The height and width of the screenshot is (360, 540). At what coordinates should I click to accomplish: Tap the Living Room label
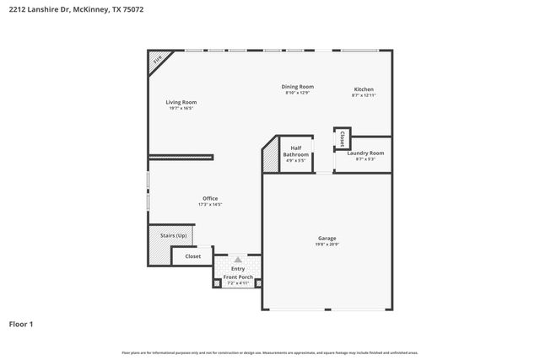pos(181,102)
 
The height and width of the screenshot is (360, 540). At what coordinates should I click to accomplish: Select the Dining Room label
pos(297,86)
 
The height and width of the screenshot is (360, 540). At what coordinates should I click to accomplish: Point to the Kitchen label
pos(364,89)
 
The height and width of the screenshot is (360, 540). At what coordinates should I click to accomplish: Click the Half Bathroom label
pos(295,151)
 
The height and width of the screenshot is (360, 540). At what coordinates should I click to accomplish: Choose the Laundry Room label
pos(365,153)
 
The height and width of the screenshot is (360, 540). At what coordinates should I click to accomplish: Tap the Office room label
pos(210,198)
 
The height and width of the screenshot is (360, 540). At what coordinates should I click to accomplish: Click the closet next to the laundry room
pos(342,138)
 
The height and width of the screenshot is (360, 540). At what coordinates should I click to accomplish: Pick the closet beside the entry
pos(192,255)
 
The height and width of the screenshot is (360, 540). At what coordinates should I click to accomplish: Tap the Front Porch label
pos(238,277)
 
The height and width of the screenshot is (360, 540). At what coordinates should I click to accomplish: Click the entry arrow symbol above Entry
pos(238,261)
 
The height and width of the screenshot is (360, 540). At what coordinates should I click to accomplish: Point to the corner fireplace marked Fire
pos(158,61)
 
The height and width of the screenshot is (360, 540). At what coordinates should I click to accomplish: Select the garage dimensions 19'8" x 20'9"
pos(327,244)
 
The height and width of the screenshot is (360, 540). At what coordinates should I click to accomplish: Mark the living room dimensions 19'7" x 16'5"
pos(181,109)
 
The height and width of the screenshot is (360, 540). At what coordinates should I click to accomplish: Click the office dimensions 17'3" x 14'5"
pos(210,205)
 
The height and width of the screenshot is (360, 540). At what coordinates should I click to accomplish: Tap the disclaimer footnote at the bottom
pos(269,352)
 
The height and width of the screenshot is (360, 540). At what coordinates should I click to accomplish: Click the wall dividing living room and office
pos(181,156)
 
